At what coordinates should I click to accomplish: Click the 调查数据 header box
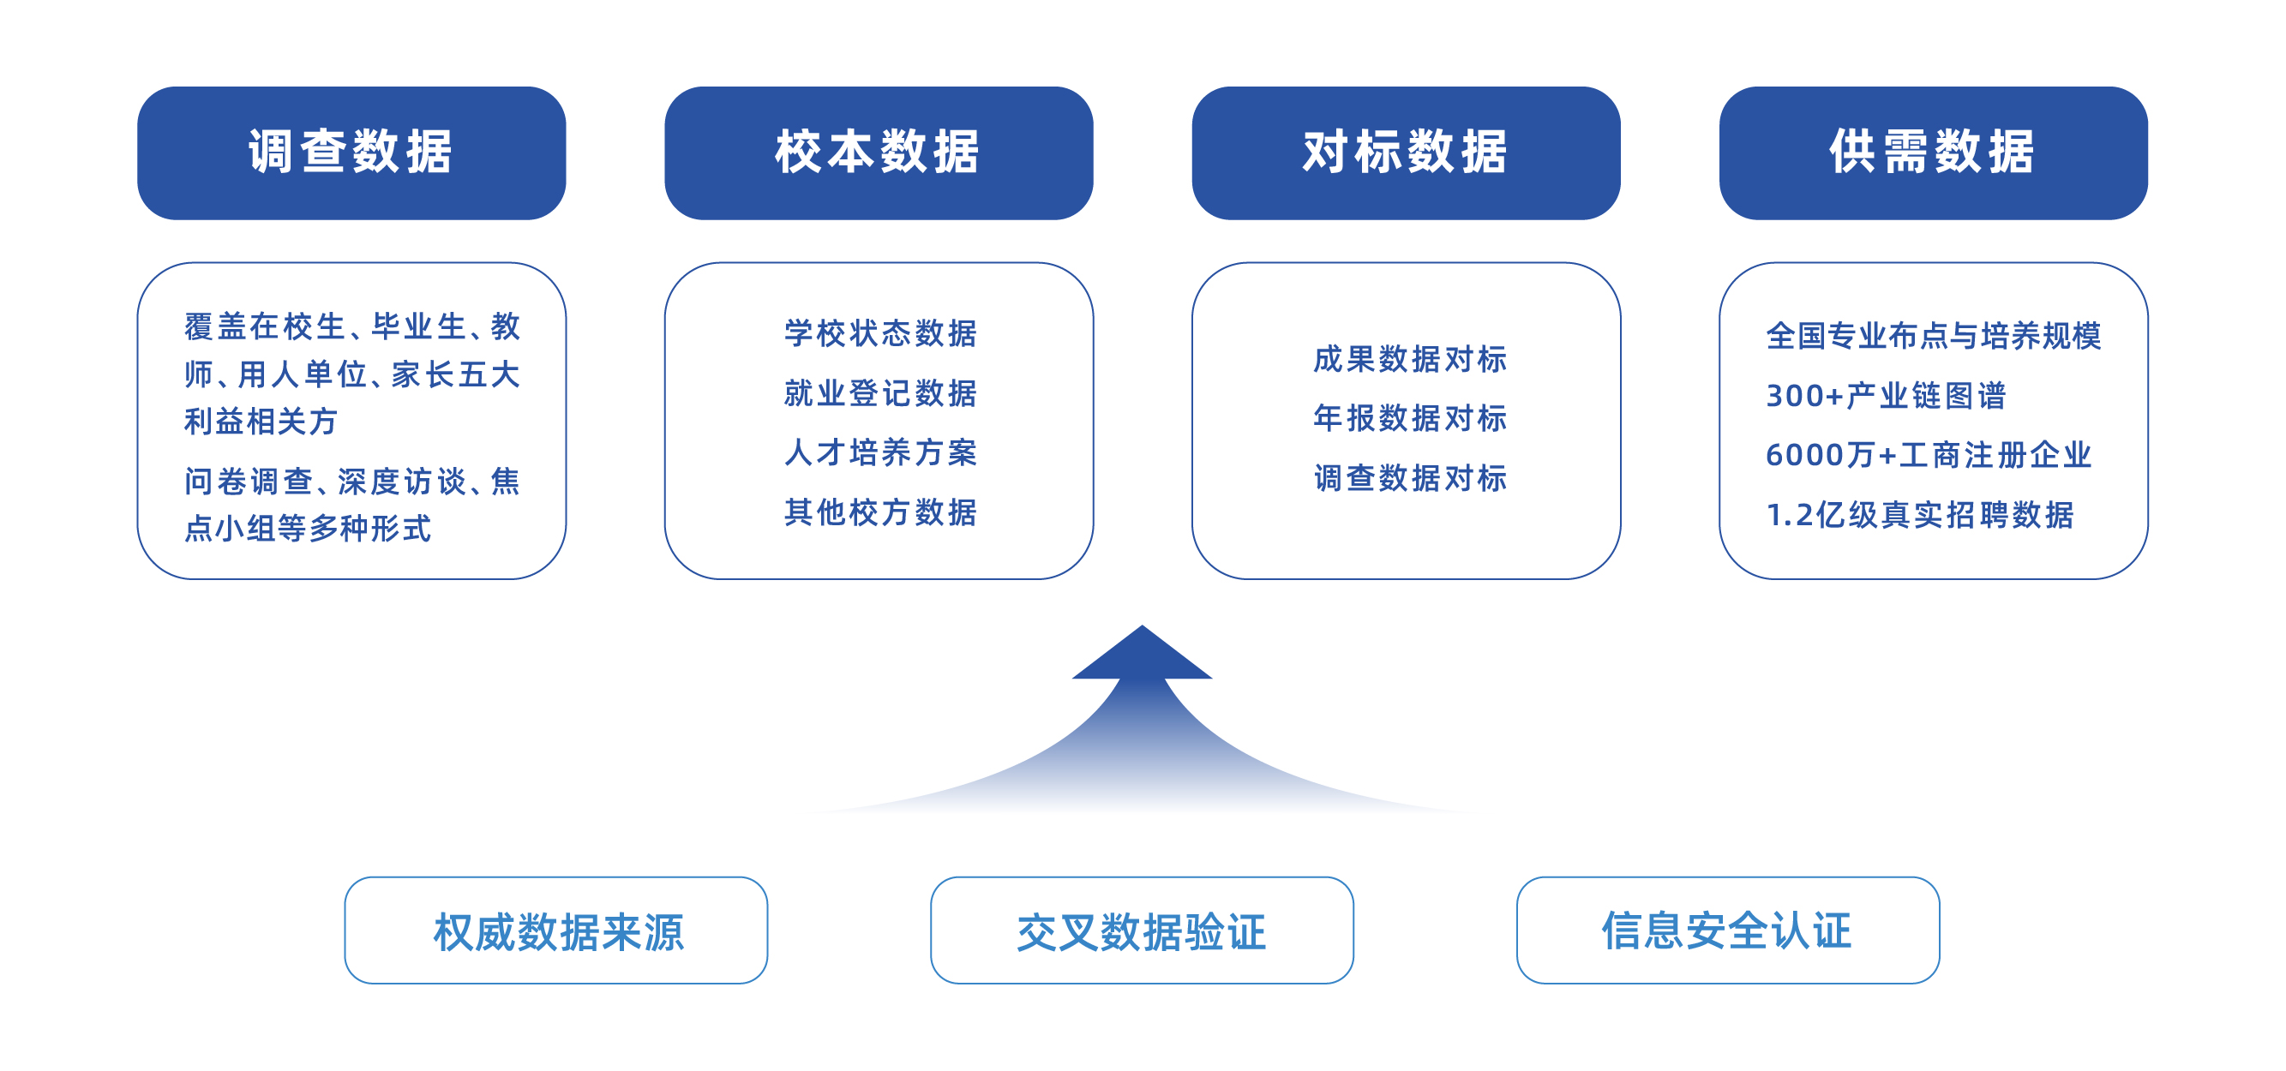point(351,153)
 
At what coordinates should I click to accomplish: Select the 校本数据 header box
point(879,153)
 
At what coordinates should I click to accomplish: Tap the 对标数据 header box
point(1406,153)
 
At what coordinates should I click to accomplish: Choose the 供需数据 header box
point(1934,153)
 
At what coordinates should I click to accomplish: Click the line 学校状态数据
point(880,333)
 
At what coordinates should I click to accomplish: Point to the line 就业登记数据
point(880,393)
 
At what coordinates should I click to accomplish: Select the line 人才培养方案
point(880,452)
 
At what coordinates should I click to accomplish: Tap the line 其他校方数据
point(880,512)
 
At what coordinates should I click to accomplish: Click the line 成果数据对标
point(1410,359)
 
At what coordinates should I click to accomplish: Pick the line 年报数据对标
point(1410,418)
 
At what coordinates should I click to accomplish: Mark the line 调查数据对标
point(1410,478)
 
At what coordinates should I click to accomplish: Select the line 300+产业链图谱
point(1886,396)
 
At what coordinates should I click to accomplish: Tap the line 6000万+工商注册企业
point(1929,455)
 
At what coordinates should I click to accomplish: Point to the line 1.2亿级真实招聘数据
point(1919,515)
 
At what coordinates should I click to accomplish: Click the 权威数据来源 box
point(556,930)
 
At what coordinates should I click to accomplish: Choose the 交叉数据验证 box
point(1142,930)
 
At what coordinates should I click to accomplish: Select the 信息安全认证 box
point(1728,930)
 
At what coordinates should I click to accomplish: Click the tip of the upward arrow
point(1142,625)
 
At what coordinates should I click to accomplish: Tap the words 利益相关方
point(261,422)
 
